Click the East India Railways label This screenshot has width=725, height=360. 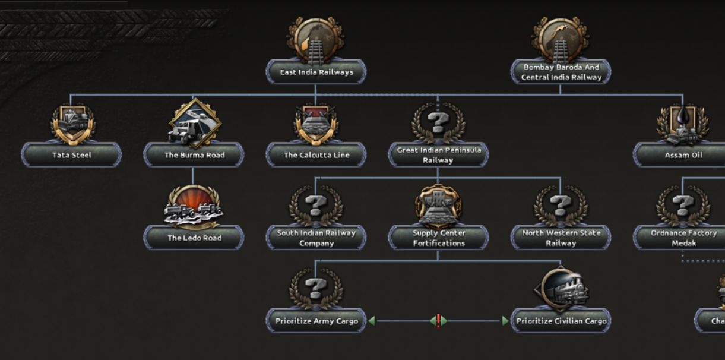coord(316,72)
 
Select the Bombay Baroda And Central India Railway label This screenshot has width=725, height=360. coord(561,72)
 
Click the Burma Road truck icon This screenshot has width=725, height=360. coord(195,124)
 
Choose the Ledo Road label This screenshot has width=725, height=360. coord(194,238)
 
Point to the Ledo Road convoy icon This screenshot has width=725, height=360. coord(194,207)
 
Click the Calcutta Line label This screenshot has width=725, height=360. coord(316,155)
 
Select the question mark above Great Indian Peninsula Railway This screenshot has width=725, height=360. coord(438,122)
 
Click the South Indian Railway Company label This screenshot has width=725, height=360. coord(316,238)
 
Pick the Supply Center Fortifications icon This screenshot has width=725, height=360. coord(438,206)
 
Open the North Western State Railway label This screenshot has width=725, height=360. coord(561,238)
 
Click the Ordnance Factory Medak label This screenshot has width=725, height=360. coord(683,238)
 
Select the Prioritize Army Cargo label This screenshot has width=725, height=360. coord(316,321)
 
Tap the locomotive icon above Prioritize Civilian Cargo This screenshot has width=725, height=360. coord(561,290)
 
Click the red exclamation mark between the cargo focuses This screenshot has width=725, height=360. coord(439,321)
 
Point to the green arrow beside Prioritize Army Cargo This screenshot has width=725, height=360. coord(372,321)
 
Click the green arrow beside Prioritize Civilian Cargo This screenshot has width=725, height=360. coord(505,321)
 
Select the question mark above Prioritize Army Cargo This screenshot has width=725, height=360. coord(316,289)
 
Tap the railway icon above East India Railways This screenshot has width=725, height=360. coord(315,40)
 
